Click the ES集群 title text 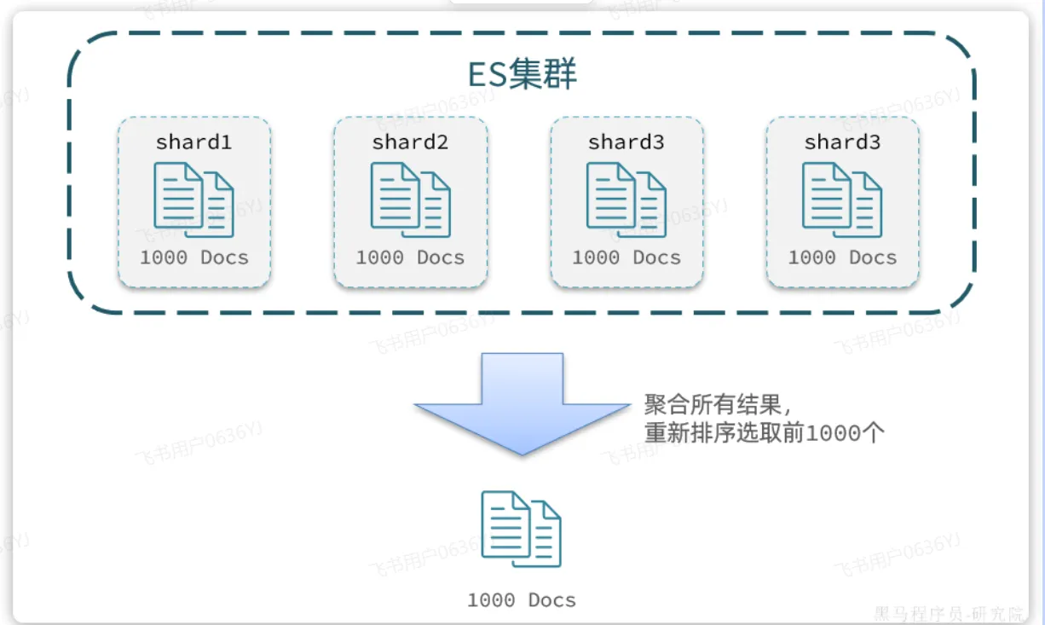(x=522, y=75)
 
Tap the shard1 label (x=193, y=142)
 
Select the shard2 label (x=410, y=142)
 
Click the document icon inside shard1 (x=193, y=200)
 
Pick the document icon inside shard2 (x=410, y=200)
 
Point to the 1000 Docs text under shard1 (x=194, y=258)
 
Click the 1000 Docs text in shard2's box (x=410, y=258)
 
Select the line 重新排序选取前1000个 (x=765, y=432)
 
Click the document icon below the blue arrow (x=522, y=529)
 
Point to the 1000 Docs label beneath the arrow (x=522, y=600)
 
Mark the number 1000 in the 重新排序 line (x=834, y=432)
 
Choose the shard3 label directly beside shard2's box (x=626, y=142)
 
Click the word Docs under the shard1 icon (x=225, y=258)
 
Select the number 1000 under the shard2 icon (x=380, y=258)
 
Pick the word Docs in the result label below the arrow (x=552, y=600)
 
